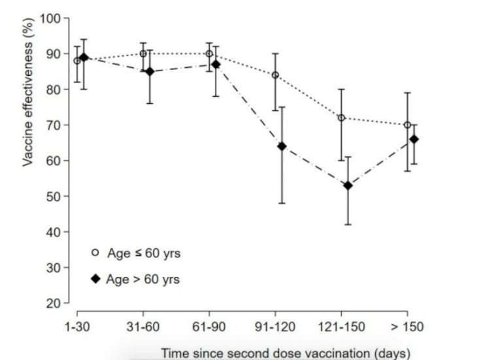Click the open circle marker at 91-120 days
(275, 75)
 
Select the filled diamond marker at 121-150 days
(348, 186)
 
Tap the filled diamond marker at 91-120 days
(282, 146)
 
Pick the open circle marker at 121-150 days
(341, 118)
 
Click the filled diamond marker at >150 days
(413, 139)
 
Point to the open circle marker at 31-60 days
(143, 54)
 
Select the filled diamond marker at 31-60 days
(150, 71)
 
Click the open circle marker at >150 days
(407, 125)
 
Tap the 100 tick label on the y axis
(51, 18)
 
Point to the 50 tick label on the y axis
(54, 197)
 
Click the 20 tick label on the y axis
(54, 304)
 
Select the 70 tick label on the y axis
(54, 125)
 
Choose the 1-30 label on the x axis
(78, 325)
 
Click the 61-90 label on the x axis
(210, 325)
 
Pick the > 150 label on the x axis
(407, 325)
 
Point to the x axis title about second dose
(286, 353)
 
